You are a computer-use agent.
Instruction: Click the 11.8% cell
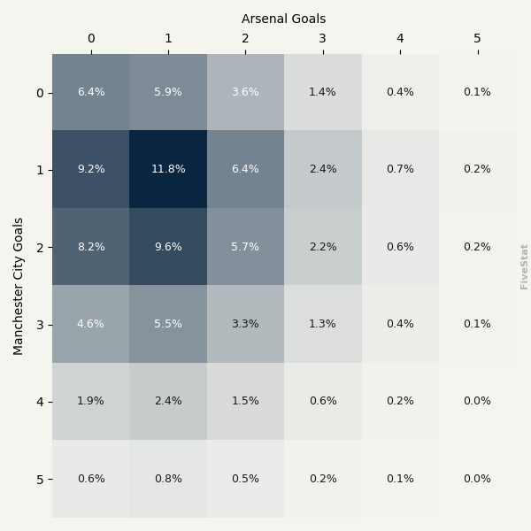168,169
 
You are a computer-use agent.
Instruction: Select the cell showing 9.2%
90,169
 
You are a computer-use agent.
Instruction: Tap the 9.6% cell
168,247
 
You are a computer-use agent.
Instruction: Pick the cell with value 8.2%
90,247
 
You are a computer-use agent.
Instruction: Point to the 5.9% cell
168,92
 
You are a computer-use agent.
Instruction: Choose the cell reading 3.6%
245,92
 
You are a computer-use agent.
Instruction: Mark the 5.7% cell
245,247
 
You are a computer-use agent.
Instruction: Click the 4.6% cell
90,324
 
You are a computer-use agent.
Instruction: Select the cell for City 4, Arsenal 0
90,401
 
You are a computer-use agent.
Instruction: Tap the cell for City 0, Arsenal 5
477,92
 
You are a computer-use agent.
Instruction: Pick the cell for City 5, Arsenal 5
477,479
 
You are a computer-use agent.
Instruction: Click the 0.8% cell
168,479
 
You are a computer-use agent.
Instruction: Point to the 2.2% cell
323,247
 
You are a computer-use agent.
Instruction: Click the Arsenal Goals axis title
283,19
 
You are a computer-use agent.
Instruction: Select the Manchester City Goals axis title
19,286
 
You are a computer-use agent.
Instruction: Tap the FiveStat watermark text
524,266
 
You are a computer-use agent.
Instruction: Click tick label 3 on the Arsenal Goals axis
323,38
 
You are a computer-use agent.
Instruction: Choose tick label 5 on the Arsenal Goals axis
477,38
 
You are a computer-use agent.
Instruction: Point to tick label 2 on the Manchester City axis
39,247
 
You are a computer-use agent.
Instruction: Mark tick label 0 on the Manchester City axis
39,93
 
